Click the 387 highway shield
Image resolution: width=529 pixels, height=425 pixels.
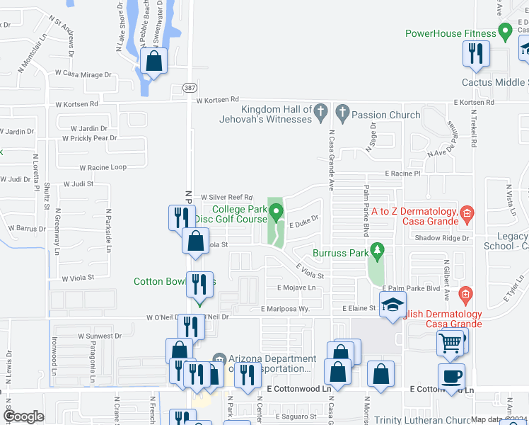click(x=190, y=86)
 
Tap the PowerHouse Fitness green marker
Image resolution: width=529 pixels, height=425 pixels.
click(x=505, y=32)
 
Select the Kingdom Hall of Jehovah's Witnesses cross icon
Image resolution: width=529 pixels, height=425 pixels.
click(x=320, y=111)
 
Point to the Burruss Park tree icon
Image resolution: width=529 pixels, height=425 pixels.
click(x=377, y=250)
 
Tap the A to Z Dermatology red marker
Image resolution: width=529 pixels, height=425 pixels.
click(x=466, y=212)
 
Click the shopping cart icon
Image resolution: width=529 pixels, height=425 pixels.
click(x=450, y=343)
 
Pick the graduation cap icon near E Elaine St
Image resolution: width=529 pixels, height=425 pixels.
click(x=392, y=306)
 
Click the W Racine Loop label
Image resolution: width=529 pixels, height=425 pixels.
click(x=103, y=168)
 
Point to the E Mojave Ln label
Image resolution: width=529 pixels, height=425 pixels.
click(x=296, y=288)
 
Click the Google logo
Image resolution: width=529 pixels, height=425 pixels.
click(x=23, y=416)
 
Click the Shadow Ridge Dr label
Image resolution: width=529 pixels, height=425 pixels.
click(x=442, y=238)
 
